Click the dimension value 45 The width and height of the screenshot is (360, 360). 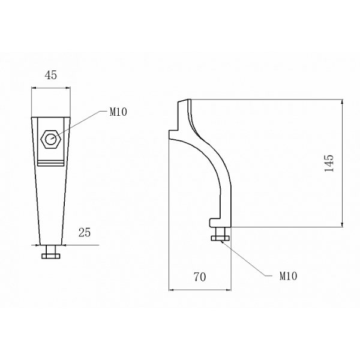51,75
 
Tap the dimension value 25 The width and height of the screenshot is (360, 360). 85,232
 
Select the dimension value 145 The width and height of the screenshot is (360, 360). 329,163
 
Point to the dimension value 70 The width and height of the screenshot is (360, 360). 200,277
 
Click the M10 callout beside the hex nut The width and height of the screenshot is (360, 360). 118,112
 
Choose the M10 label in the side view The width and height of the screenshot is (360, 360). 289,276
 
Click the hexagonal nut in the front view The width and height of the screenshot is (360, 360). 51,139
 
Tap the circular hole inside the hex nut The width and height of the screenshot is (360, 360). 51,139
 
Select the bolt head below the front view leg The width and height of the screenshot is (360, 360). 51,256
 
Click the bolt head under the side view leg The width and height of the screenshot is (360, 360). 220,238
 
